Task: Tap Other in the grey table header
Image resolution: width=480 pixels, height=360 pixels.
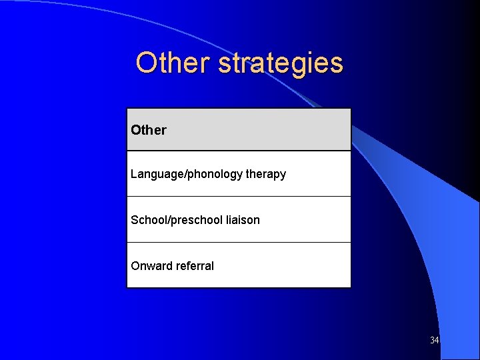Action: (x=149, y=130)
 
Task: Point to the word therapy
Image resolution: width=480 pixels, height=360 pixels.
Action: (x=266, y=174)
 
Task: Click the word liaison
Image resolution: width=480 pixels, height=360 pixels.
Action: (x=243, y=220)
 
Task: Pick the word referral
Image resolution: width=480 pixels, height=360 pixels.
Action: (x=195, y=266)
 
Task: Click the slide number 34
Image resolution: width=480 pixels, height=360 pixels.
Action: (x=435, y=341)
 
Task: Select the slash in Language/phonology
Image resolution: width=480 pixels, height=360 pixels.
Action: (x=186, y=174)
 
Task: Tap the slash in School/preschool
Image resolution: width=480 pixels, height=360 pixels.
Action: (x=169, y=220)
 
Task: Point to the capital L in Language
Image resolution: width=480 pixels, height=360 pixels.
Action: (x=134, y=174)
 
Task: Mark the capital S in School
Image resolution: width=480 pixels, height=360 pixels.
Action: (x=135, y=220)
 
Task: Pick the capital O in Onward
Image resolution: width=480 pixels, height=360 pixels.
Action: (x=135, y=266)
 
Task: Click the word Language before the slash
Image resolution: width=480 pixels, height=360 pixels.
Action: (x=158, y=174)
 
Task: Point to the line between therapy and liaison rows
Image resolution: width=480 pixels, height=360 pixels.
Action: (x=239, y=197)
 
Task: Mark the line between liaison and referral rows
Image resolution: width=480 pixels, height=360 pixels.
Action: (x=239, y=242)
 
